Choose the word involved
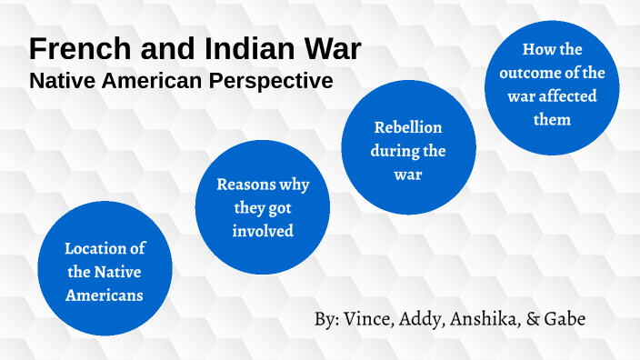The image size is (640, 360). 262,231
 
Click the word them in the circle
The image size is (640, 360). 552,120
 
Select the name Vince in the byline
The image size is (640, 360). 371,320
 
